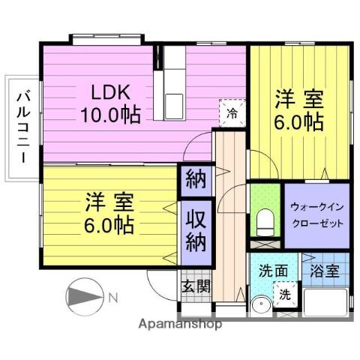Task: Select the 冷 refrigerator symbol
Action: click(232, 113)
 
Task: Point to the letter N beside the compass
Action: click(112, 298)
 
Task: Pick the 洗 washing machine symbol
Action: click(285, 295)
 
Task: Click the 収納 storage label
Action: click(197, 232)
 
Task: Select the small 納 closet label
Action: click(196, 181)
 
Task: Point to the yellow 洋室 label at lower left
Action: click(109, 213)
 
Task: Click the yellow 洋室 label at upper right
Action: click(298, 110)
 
